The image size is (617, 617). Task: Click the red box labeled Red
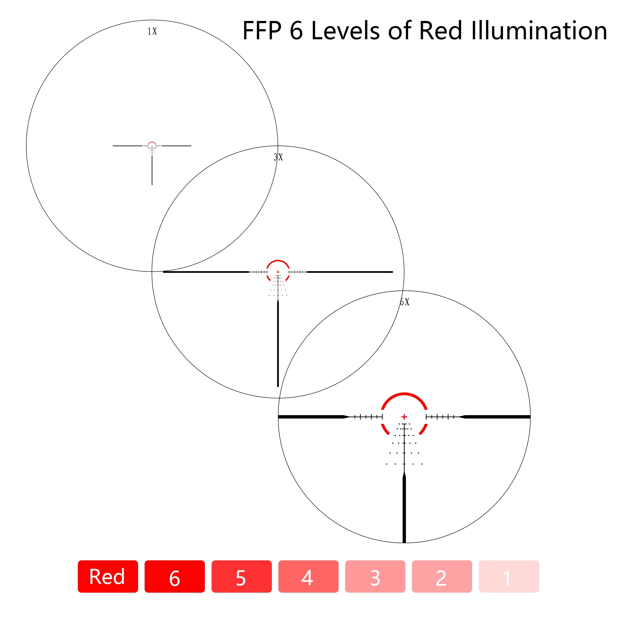[x=108, y=577]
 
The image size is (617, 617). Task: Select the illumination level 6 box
[x=175, y=577]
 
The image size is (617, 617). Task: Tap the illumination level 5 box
[x=241, y=577]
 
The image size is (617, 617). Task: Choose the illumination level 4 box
[x=308, y=577]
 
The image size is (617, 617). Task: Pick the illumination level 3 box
[x=375, y=577]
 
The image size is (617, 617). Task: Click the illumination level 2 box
[x=442, y=577]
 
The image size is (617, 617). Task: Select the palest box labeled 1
[x=509, y=577]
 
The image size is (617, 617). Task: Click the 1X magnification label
[x=152, y=31]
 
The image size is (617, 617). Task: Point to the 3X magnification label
[x=278, y=157]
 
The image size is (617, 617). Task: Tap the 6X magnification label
[x=404, y=302]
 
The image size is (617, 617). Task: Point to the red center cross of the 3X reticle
[x=278, y=272]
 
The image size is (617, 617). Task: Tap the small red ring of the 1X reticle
[x=152, y=142]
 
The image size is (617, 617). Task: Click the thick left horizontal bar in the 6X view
[x=311, y=417]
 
